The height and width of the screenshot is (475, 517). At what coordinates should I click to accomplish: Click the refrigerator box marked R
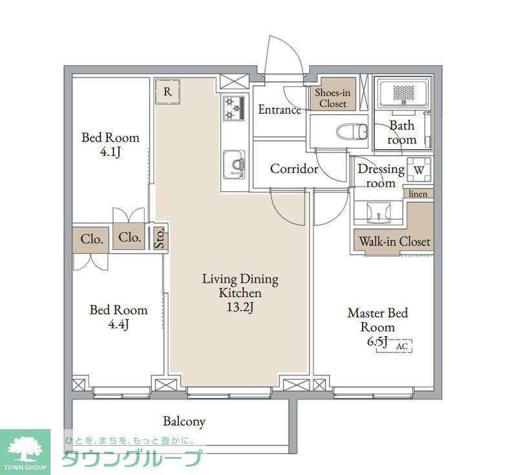point(167,92)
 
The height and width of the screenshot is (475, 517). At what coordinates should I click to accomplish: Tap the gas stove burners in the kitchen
point(233,108)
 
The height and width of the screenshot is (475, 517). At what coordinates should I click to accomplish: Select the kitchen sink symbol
point(234,165)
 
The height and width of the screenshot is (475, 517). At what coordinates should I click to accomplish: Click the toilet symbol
point(352,132)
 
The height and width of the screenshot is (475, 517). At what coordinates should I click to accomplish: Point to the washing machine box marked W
point(419,170)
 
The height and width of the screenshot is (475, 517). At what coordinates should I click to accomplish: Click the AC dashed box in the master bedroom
point(394,346)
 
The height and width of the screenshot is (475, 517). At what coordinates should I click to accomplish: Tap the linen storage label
point(417,194)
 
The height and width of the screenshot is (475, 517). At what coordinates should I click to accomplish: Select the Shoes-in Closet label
point(333,98)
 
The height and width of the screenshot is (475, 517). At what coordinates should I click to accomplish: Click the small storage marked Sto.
point(160,237)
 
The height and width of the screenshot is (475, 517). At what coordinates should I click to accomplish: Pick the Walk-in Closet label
point(395,241)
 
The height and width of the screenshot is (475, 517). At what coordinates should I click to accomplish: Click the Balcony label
point(184,421)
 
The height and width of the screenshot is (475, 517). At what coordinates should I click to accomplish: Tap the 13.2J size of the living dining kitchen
point(240,307)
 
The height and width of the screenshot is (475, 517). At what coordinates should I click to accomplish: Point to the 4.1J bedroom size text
point(111,152)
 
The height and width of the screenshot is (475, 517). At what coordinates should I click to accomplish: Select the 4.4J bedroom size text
point(118,325)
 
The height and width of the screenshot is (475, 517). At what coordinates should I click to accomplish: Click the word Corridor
point(294,169)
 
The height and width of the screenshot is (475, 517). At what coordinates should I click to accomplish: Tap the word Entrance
point(280,110)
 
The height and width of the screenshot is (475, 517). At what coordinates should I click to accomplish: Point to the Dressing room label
point(381,176)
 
